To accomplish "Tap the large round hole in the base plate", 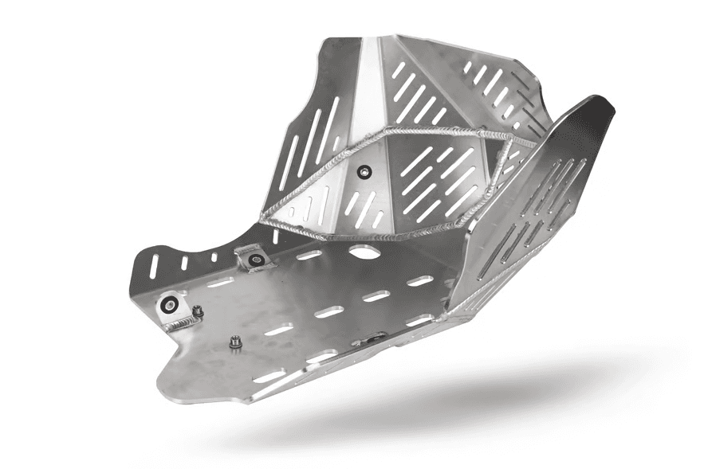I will click(364, 253).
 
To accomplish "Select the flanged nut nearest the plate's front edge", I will click(235, 342).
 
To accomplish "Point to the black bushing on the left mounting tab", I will click(170, 303).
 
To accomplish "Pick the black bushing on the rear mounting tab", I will click(255, 259).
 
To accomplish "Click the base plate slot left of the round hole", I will click(308, 256).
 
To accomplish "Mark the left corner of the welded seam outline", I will click(262, 215).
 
